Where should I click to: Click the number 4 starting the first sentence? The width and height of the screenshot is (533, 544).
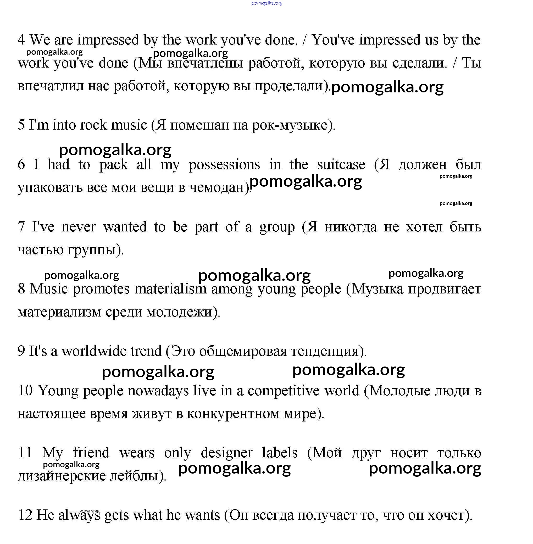21,40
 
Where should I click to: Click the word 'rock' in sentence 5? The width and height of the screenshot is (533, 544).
93,125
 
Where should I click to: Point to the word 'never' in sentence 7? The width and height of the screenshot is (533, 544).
78,227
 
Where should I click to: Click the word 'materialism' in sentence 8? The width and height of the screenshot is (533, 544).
170,289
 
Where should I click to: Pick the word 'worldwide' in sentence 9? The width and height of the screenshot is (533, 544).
112,351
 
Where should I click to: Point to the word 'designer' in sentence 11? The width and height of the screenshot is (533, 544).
226,453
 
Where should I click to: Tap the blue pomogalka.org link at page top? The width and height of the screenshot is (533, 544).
266,3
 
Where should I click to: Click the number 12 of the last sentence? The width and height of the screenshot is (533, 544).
25,515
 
